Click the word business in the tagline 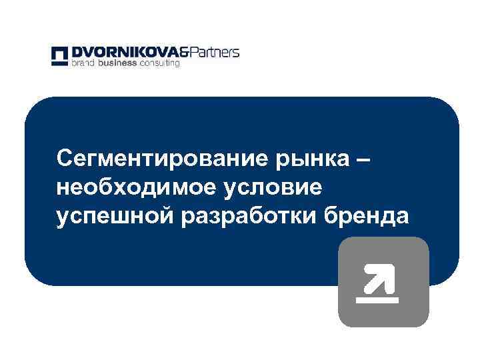click(117, 64)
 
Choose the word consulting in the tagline click(159, 64)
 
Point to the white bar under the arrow click(377, 299)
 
